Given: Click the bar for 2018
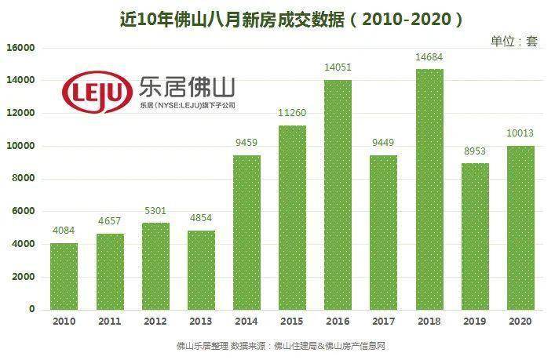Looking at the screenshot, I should (429, 189).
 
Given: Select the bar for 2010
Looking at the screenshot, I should (64, 276).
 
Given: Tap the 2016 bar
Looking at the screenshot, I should (338, 195).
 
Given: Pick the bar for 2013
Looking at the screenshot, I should (201, 270).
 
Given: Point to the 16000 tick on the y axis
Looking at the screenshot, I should (21, 48).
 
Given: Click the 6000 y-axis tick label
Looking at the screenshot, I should (24, 211).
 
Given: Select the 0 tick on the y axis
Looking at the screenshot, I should (32, 309).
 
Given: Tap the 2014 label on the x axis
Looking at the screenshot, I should (246, 322).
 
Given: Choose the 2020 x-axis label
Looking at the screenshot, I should (520, 322).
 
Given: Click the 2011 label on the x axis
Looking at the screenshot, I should (109, 322).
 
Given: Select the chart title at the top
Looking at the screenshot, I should (279, 16).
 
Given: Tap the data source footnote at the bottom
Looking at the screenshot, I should (280, 346).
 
